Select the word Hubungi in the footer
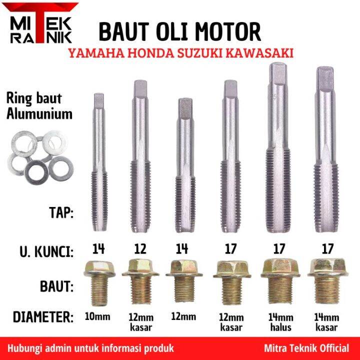pyautogui.click(x=25, y=347)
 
